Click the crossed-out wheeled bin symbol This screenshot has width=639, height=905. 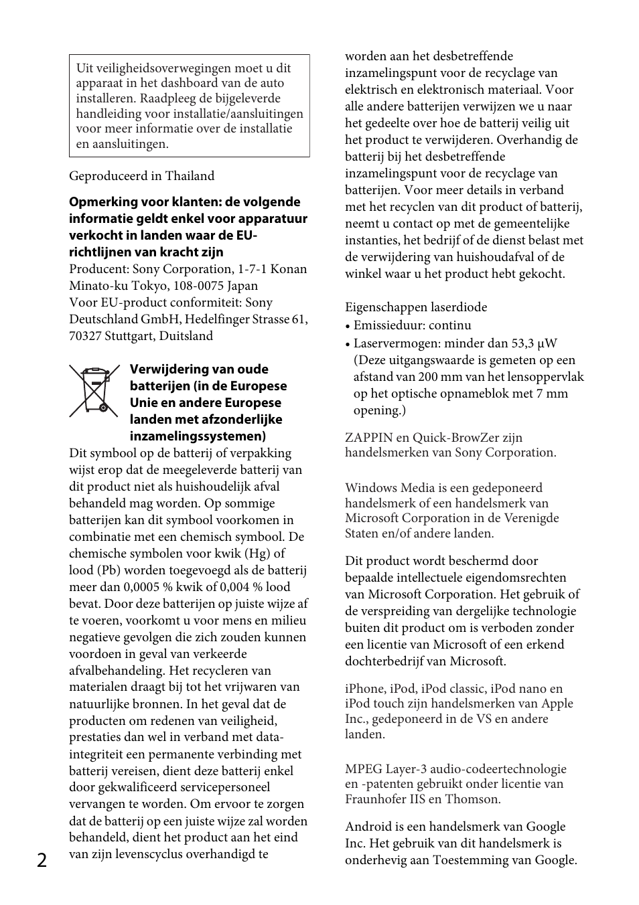point(94,391)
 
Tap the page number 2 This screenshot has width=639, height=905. point(42,860)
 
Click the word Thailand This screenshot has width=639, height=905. point(190,176)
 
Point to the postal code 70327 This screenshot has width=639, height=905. point(85,336)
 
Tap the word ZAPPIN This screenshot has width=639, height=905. point(368,438)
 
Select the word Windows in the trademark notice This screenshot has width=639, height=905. point(370,488)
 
